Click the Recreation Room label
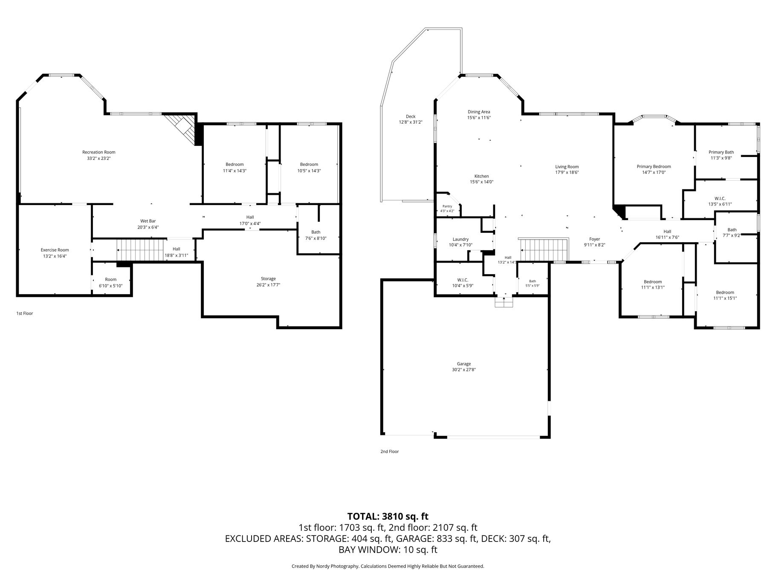pos(99,152)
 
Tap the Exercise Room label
pos(55,250)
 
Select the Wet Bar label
pos(148,221)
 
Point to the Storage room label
pos(269,279)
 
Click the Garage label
pos(464,364)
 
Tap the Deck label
pos(411,116)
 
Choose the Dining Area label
pos(479,112)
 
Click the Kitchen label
pos(482,176)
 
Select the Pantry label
pos(447,206)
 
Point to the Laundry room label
pos(460,239)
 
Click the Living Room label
pos(567,167)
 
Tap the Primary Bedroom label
pos(654,167)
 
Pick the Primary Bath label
pos(721,152)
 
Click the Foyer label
pos(594,239)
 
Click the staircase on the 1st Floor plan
pos(140,250)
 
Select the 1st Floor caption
pos(25,313)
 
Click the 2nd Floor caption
pos(389,452)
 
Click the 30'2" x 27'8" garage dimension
pos(464,370)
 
